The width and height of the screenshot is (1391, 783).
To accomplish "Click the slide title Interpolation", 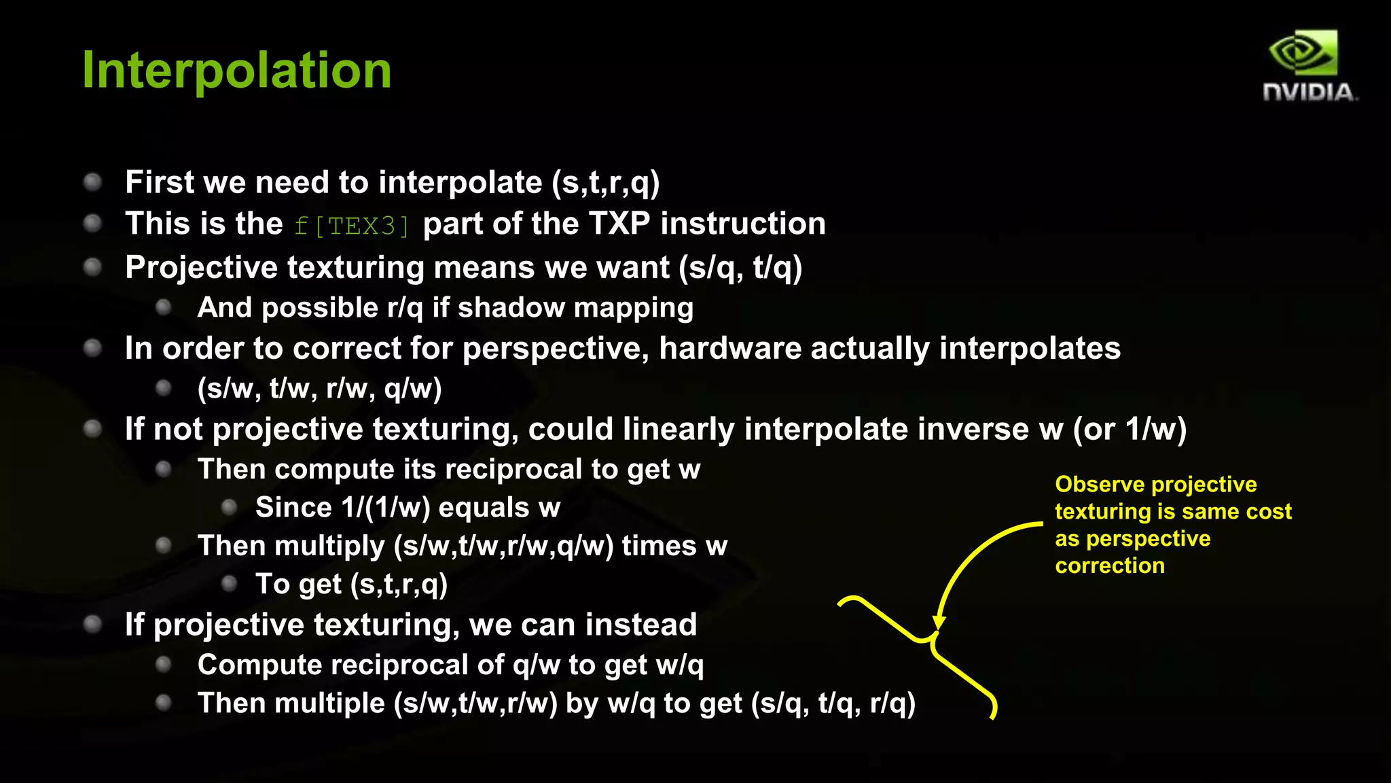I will [236, 70].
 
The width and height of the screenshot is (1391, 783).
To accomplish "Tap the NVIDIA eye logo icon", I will [1303, 53].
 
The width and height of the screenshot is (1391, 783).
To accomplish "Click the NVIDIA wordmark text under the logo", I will [1309, 92].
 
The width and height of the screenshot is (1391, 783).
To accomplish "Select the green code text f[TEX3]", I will [352, 226].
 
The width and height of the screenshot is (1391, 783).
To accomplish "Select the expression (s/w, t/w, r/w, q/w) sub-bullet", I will [319, 388].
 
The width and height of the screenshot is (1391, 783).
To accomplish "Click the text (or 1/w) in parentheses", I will [1130, 429].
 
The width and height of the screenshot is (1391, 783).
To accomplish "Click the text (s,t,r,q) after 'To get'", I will [399, 584].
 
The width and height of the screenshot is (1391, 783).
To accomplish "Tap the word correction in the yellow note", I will [1109, 565].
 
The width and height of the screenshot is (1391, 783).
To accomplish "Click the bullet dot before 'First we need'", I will [92, 181].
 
